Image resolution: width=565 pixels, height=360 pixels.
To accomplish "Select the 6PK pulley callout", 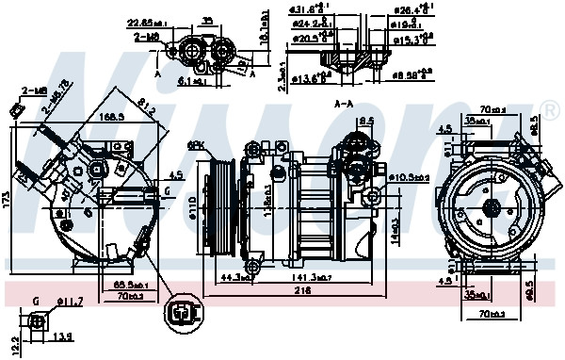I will point(196,145).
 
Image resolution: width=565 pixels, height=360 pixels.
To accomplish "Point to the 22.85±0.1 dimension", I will point(147,23).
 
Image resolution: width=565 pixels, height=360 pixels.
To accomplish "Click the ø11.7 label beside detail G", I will point(70,302).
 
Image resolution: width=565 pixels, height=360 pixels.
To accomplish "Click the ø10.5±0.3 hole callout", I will point(410,175).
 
